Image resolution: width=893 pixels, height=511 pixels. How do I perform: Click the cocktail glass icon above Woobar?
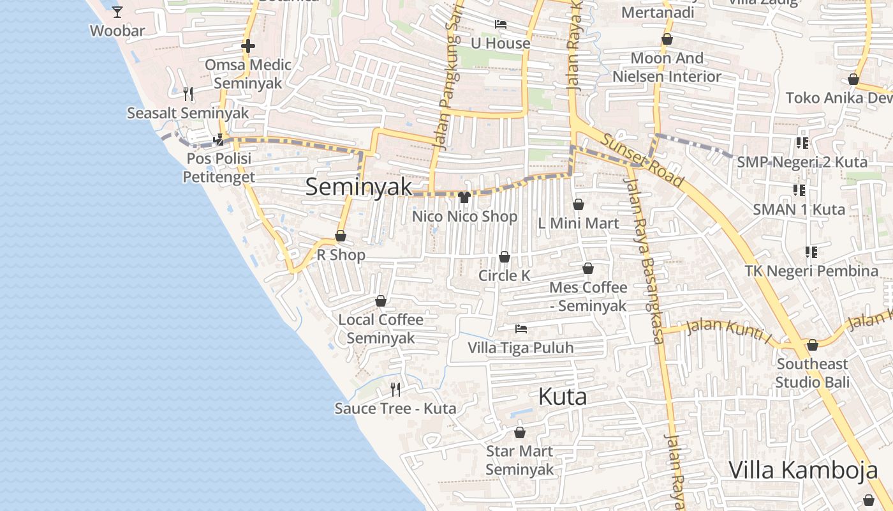[117, 11]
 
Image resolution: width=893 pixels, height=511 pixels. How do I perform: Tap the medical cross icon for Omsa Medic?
[248, 46]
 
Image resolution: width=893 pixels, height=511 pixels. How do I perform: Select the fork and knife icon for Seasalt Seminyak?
[188, 94]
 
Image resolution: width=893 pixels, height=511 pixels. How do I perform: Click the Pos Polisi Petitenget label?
[219, 167]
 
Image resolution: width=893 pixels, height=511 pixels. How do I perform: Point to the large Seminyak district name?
[359, 187]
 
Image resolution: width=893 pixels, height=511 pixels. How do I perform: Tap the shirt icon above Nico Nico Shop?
[464, 197]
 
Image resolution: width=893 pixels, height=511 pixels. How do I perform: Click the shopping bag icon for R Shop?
[341, 236]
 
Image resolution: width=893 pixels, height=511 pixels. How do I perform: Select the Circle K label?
[504, 275]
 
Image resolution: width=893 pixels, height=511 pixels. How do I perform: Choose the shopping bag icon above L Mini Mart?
[578, 204]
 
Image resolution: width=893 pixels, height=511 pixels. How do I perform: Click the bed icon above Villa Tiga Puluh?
[521, 329]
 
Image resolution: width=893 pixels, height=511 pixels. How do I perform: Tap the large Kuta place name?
[562, 397]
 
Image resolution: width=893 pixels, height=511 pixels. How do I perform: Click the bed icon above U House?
[501, 24]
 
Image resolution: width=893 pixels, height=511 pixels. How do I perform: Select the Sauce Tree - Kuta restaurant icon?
[395, 389]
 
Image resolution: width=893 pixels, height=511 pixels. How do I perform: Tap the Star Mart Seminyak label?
[519, 460]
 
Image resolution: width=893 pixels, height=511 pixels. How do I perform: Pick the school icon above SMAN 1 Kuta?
[799, 190]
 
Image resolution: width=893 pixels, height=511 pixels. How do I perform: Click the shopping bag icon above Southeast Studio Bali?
[812, 346]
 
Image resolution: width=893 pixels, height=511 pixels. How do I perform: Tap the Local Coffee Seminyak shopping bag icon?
[381, 301]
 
